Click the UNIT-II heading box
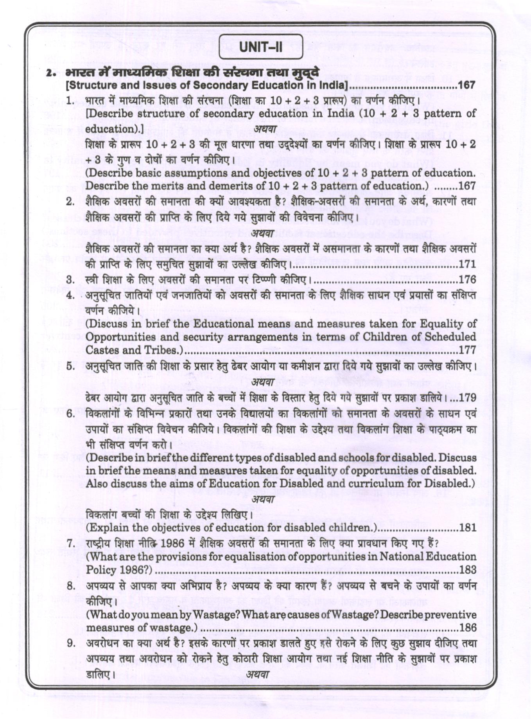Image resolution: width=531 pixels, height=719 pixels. (x=260, y=47)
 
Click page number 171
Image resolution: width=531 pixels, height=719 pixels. (x=467, y=264)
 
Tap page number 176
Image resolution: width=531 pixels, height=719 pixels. (x=467, y=280)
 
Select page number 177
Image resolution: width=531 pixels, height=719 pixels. (x=467, y=350)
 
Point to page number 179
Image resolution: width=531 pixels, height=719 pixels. (x=467, y=398)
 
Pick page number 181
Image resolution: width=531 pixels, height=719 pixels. (x=467, y=528)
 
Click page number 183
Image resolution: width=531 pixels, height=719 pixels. (x=467, y=570)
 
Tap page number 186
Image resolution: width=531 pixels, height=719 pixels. (x=467, y=628)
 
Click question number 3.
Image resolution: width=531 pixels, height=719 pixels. (x=70, y=280)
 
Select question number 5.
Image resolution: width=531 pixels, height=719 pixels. (x=70, y=367)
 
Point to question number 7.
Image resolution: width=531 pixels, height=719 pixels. (x=70, y=544)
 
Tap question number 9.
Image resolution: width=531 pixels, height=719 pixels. (x=70, y=643)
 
